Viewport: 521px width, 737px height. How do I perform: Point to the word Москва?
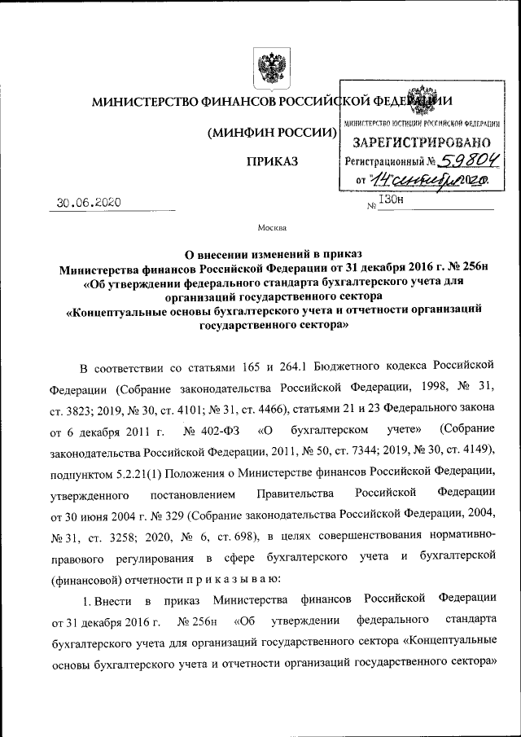271,227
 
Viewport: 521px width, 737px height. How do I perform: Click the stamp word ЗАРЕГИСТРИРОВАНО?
421,143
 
